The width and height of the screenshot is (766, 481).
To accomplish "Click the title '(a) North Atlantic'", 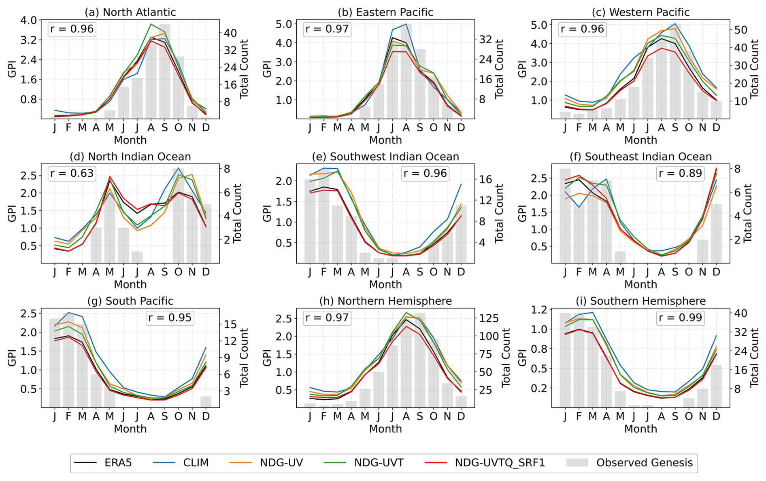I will [130, 12].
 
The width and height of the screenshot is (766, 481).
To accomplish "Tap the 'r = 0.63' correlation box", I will [72, 174].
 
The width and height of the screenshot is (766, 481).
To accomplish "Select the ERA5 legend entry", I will [103, 463].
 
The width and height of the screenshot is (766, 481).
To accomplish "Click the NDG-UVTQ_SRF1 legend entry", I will [485, 463].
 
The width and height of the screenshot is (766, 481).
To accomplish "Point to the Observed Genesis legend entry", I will [630, 463].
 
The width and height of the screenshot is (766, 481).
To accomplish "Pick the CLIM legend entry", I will [181, 463].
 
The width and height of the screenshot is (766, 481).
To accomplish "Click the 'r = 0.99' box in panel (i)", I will [680, 318].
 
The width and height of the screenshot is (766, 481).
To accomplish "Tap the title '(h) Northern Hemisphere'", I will [385, 301].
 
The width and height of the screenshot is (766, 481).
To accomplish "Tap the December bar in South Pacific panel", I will [206, 402].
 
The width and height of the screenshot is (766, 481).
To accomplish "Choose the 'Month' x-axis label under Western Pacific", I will [640, 140].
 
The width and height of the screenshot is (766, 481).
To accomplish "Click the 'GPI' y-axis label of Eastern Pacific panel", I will [267, 69].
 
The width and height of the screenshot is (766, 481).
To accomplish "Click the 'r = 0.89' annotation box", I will [680, 174].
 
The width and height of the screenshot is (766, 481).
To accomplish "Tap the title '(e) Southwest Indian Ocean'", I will [385, 157].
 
